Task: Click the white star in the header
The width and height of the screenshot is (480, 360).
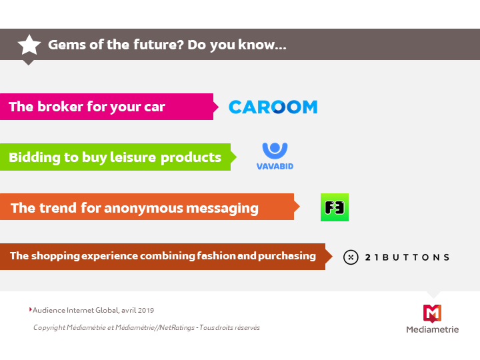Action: [x=29, y=45]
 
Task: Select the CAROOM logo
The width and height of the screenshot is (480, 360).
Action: [x=273, y=107]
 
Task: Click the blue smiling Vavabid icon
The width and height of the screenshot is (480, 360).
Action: [x=275, y=151]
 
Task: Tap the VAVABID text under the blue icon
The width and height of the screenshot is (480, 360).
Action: [x=275, y=166]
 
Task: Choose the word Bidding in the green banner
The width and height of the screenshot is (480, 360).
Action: [x=35, y=158]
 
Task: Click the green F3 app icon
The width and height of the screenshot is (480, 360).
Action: [x=335, y=207]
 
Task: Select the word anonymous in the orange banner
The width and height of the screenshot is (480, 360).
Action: [x=143, y=209]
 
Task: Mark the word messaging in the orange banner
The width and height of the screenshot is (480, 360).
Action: [x=222, y=209]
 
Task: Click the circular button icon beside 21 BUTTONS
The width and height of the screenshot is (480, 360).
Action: [x=351, y=257]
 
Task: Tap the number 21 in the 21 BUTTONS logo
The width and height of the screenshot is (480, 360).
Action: [x=371, y=257]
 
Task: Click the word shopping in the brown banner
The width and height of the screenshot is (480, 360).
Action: [x=55, y=256]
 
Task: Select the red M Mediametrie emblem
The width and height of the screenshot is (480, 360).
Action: [x=432, y=313]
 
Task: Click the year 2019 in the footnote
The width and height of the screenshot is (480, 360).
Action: [x=146, y=311]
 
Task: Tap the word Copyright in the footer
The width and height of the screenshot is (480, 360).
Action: [x=49, y=328]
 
